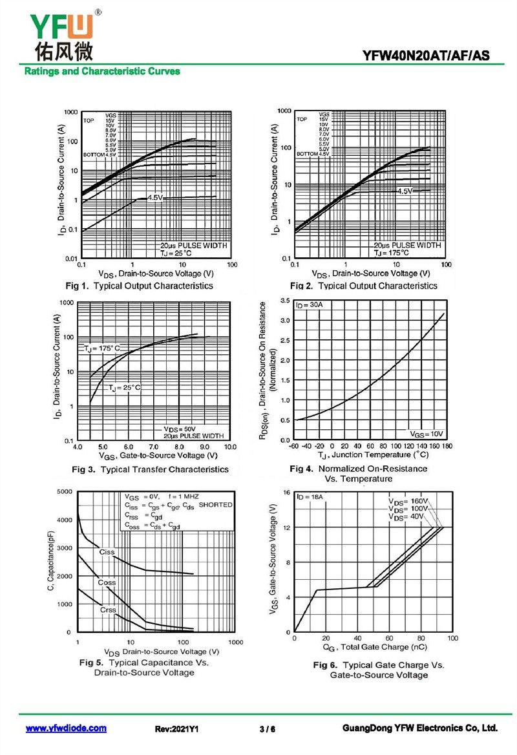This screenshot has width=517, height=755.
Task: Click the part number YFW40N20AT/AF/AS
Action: [426, 56]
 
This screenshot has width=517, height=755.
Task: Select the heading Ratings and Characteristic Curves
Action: [102, 72]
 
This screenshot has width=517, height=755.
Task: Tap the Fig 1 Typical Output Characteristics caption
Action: [139, 286]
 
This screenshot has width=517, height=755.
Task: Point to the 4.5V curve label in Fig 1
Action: [155, 197]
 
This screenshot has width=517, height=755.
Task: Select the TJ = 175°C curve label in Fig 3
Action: [102, 348]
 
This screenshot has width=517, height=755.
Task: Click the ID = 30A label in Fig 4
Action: [310, 304]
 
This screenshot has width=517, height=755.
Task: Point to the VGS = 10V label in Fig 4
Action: [427, 433]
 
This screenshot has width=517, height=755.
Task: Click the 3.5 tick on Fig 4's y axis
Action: [284, 301]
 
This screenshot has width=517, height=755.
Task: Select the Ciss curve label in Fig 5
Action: [107, 552]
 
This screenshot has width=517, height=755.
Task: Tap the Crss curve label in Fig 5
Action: [108, 610]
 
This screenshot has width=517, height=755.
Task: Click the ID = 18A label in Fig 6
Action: [310, 496]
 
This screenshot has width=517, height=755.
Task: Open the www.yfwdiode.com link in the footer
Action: [66, 728]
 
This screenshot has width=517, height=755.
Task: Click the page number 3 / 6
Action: [267, 729]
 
